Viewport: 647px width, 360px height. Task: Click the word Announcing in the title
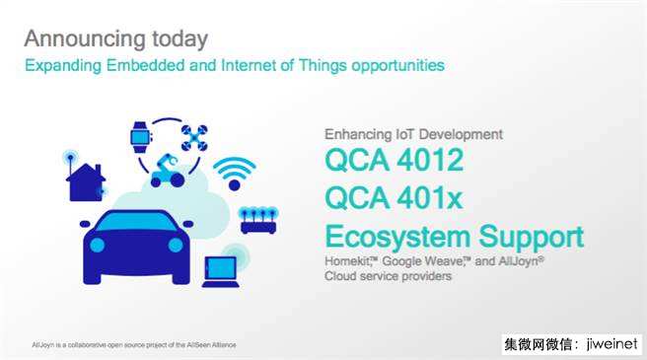[x=85, y=39]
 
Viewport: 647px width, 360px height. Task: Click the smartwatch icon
[x=141, y=137]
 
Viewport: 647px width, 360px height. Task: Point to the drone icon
[x=194, y=138]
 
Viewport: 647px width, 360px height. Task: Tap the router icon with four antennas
[x=258, y=221]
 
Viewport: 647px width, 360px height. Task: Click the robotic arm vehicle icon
[x=167, y=171]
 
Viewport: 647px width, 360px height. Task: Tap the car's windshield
[x=136, y=222]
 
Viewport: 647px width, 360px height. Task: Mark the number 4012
[x=430, y=160]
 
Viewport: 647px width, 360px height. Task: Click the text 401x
[x=429, y=197]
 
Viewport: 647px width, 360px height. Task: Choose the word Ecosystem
[x=397, y=238]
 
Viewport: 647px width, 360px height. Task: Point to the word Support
[x=532, y=238]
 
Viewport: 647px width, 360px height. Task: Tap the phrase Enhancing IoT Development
[x=413, y=134]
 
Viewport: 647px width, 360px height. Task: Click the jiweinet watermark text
[x=611, y=344]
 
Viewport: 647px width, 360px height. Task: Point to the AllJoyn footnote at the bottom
[x=134, y=345]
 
